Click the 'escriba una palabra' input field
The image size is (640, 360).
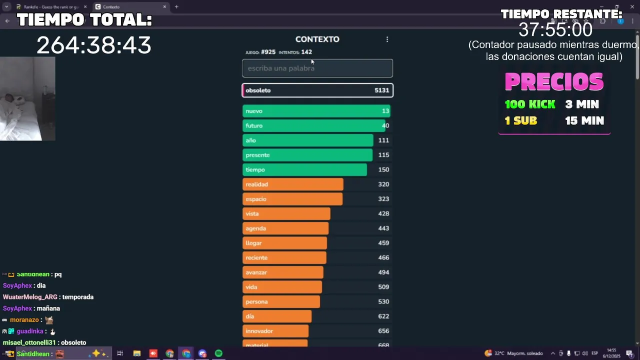[317, 68]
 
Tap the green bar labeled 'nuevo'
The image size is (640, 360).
[316, 111]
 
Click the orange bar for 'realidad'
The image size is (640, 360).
[292, 184]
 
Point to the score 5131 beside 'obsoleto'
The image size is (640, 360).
[381, 90]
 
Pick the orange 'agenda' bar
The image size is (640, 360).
[285, 228]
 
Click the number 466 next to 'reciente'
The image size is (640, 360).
[383, 257]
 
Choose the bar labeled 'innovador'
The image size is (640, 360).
[275, 331]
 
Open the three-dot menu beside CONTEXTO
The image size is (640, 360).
[387, 39]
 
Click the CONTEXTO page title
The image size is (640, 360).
[317, 39]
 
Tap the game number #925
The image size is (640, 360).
[268, 52]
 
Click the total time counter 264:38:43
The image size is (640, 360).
[93, 45]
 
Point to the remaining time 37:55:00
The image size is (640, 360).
[555, 30]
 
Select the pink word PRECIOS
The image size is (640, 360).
[554, 82]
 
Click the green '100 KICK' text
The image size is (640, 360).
[529, 104]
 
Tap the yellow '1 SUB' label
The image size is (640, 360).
[520, 120]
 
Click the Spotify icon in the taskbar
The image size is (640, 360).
[218, 353]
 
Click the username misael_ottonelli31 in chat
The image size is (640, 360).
[30, 342]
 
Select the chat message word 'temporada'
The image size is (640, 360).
[78, 297]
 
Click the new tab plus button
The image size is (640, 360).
[176, 7]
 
